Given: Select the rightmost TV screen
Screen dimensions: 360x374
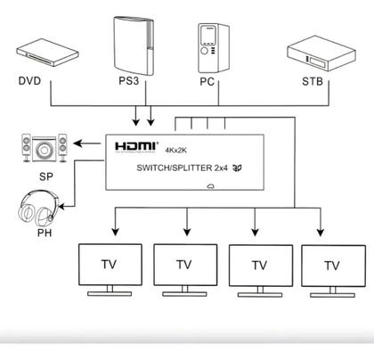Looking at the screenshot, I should (x=332, y=264).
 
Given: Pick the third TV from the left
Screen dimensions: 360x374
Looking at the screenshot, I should (x=259, y=264).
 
